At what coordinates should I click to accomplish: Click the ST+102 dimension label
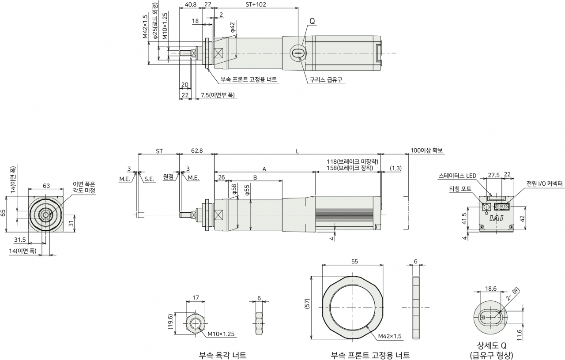point(256,4)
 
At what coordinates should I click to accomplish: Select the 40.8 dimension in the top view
point(190,4)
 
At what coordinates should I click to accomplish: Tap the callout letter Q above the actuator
point(312,22)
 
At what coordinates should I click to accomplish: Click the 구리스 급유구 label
point(326,80)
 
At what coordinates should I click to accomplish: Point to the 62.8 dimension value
point(197,150)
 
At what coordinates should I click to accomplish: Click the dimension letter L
point(298,151)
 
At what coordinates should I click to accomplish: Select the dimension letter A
point(264,169)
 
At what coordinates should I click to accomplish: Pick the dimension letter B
point(255,178)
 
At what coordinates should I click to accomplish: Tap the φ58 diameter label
point(234,189)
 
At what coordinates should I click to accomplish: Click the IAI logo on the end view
point(497,218)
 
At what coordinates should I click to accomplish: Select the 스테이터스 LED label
point(457,176)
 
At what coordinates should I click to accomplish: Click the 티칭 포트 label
point(460,188)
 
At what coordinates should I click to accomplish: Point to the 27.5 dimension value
point(493,175)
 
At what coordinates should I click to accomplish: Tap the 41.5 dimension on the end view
point(464,218)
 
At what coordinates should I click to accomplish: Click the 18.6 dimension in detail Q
point(490,289)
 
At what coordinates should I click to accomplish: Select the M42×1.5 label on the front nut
point(390,336)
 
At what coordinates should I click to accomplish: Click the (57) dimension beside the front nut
point(307,304)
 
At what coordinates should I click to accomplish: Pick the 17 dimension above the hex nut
point(196,297)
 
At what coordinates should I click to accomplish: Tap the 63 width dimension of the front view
point(46,186)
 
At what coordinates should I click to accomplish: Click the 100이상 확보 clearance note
point(426,150)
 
